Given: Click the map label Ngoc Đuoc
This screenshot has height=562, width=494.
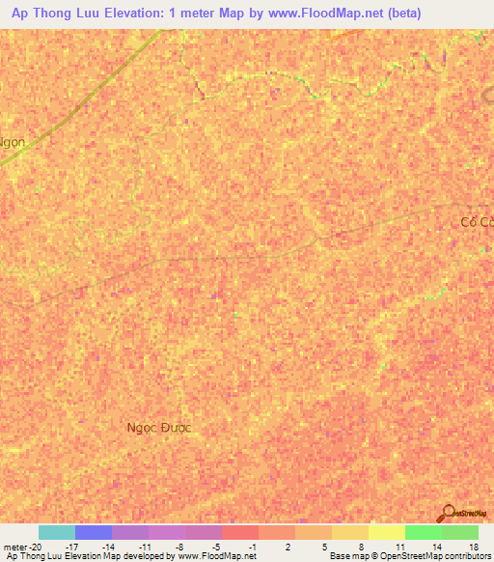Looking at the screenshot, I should click(159, 427).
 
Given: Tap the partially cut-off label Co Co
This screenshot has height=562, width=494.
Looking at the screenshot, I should click(477, 222).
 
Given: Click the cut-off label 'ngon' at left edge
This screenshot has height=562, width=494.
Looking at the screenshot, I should click(13, 140).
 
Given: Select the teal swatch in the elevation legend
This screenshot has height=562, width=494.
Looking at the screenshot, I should click(57, 532).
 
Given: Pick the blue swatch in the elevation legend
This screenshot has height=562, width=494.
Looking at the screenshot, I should click(94, 532).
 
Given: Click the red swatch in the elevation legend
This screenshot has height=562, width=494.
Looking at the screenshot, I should click(240, 532).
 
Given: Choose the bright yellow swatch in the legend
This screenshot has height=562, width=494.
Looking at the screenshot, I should click(387, 532).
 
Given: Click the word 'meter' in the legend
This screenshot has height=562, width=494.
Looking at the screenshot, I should click(15, 546).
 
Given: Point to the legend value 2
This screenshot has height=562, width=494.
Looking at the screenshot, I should click(288, 546).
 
